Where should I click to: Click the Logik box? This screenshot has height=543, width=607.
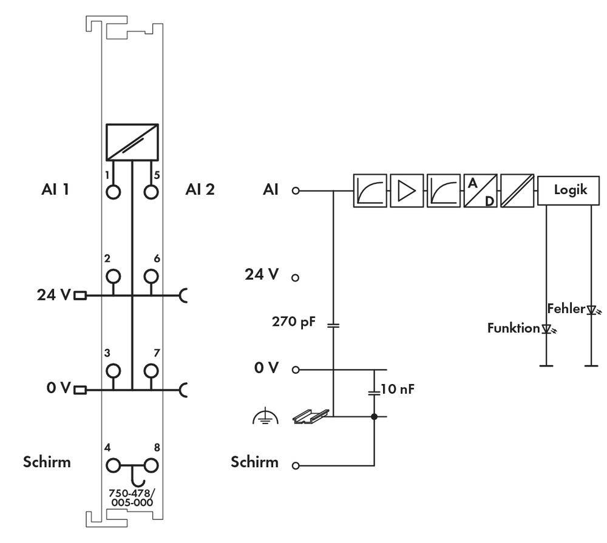click(571, 190)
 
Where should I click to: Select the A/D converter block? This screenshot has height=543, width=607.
click(480, 191)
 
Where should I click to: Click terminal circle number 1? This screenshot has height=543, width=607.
click(114, 192)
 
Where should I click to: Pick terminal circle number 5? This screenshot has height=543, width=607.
click(150, 192)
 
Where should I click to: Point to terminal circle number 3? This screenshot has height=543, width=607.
click(114, 371)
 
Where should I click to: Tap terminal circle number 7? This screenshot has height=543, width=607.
click(150, 371)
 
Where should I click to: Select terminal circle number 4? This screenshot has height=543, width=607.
click(114, 466)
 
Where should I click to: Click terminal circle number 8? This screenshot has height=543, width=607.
click(150, 466)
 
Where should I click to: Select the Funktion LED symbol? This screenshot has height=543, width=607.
click(548, 329)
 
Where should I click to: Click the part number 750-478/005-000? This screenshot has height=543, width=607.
click(131, 497)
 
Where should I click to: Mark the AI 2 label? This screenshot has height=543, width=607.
click(200, 190)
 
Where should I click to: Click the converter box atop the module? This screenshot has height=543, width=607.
click(132, 141)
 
